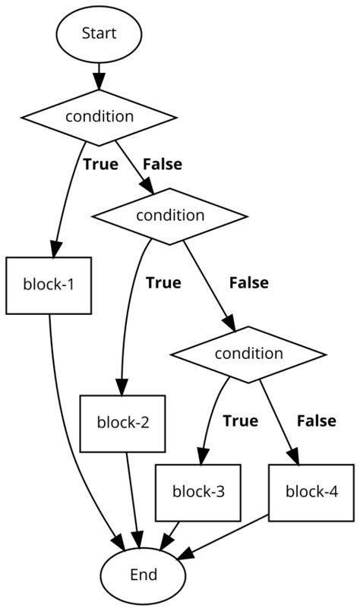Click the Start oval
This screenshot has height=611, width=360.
point(99,35)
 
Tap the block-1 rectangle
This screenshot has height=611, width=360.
point(49,285)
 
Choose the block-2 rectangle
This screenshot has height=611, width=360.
point(122,423)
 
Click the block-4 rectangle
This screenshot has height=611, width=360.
point(311,490)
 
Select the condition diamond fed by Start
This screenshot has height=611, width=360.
point(99,116)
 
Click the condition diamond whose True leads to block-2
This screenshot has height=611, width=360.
point(169,215)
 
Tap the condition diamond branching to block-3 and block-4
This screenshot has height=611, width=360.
point(248,353)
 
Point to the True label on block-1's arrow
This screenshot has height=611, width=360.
point(100,163)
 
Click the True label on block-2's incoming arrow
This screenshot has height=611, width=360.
point(163,283)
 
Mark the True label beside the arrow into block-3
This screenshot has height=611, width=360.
point(240,420)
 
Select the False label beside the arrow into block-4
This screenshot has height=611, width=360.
point(317,420)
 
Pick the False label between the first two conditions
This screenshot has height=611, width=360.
point(162,163)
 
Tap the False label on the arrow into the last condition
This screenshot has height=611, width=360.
point(248,283)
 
